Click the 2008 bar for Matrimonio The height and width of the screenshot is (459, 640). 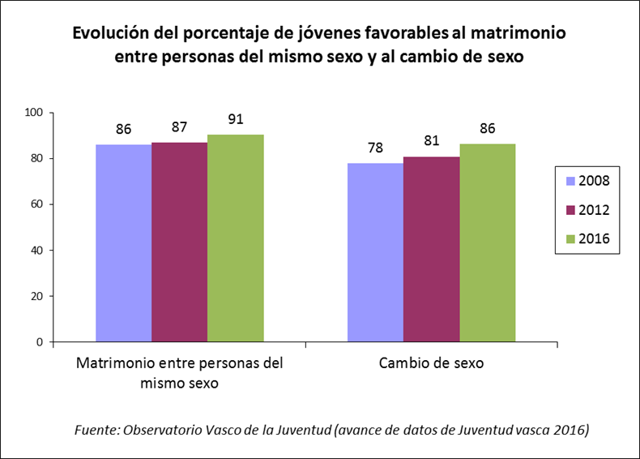coord(123,243)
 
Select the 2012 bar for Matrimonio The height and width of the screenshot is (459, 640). coord(179,242)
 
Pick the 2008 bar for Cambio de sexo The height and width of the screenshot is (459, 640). coord(375,252)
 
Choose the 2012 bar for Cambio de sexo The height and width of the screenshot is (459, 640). coord(431,249)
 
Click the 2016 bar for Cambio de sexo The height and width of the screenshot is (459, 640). coord(487,242)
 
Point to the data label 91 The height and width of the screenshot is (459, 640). coord(235,118)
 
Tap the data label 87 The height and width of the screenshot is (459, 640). coord(179,127)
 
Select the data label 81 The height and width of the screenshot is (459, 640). coord(431,140)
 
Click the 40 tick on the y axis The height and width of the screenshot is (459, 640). coord(36,250)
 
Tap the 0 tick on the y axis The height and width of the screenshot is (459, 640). coord(40,342)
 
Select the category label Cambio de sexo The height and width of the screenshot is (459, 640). coord(431,364)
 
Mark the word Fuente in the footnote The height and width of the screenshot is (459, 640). coord(96,429)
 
